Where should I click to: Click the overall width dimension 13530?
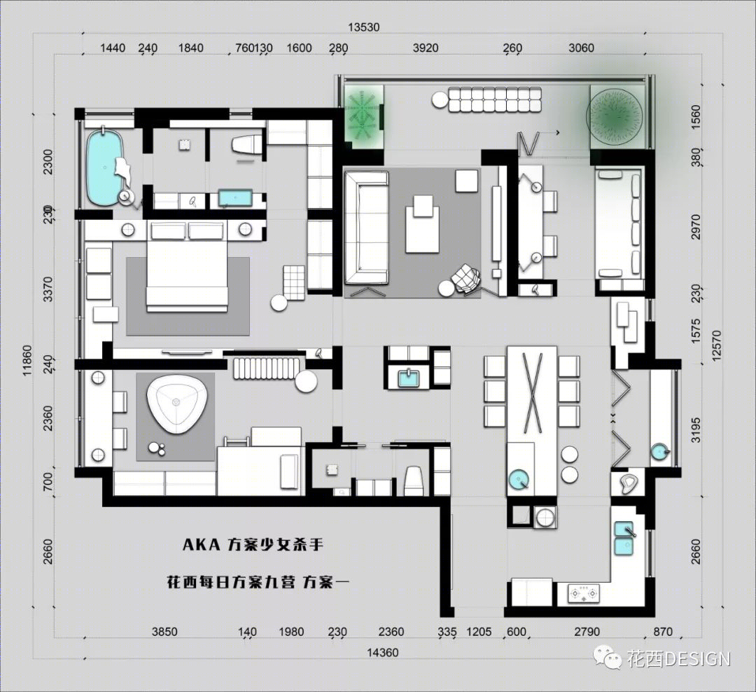(364, 27)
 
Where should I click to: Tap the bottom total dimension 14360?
(383, 653)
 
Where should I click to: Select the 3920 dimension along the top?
(426, 48)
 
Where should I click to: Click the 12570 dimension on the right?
(716, 345)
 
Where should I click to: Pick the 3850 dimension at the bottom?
(164, 632)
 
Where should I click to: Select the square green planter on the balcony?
(363, 116)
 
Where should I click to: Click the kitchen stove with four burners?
(584, 593)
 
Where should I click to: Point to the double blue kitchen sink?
(624, 538)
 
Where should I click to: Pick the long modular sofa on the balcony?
(495, 100)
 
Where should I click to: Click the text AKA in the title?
(202, 545)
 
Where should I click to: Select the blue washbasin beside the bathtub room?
(236, 198)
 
